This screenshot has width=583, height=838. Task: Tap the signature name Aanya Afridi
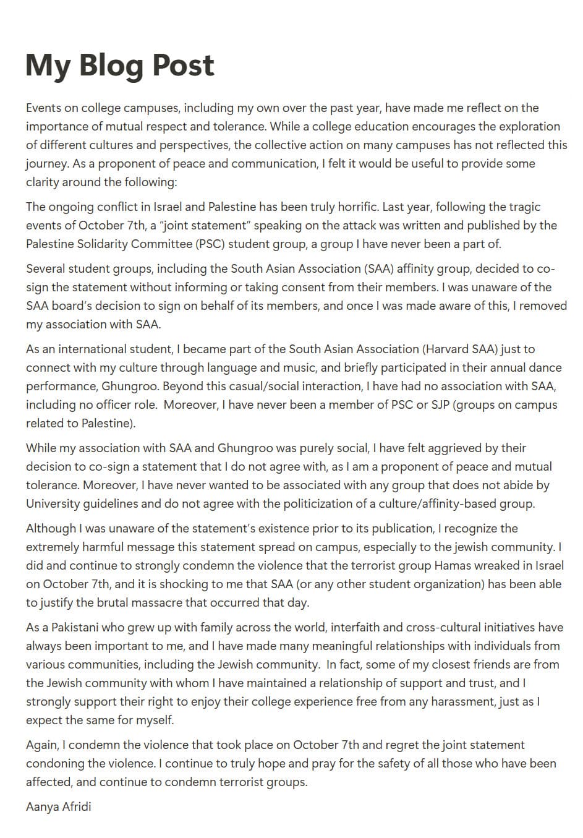[x=58, y=806]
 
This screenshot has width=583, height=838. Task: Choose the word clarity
[x=44, y=182]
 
